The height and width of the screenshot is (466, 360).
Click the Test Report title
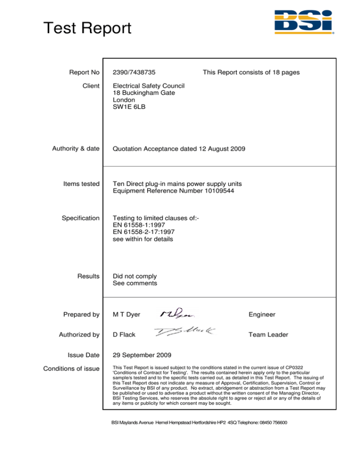click(x=87, y=29)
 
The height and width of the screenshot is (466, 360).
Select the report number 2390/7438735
click(x=135, y=73)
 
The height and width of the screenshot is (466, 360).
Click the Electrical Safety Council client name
click(x=149, y=86)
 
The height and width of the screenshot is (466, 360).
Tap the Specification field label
click(x=81, y=218)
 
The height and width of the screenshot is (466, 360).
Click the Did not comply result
click(x=135, y=277)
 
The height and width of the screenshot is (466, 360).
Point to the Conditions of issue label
click(x=72, y=368)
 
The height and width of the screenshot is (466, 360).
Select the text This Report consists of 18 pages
click(x=251, y=73)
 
